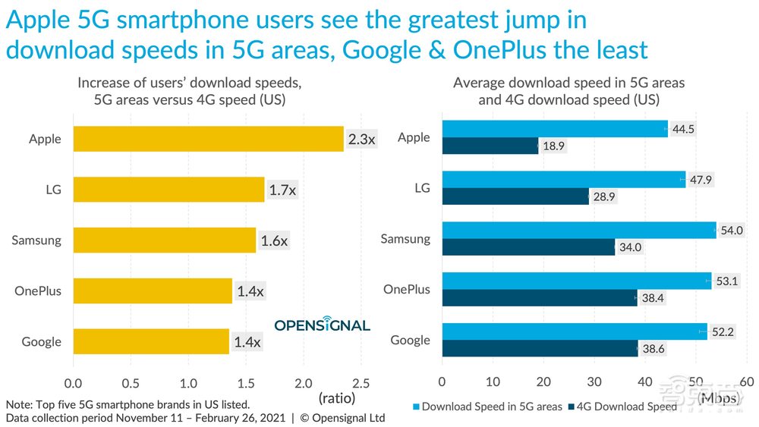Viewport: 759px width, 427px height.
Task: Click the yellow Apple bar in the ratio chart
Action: pyautogui.click(x=208, y=139)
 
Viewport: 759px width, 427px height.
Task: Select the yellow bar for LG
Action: pyautogui.click(x=168, y=190)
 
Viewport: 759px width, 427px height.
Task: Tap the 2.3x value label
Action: pyautogui.click(x=361, y=139)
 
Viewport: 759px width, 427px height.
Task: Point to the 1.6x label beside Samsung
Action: pyautogui.click(x=274, y=241)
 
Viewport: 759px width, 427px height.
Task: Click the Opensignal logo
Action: pyautogui.click(x=322, y=325)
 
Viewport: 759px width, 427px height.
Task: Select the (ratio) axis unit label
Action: pyautogui.click(x=336, y=397)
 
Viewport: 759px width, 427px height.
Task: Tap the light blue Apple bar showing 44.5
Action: pyautogui.click(x=554, y=129)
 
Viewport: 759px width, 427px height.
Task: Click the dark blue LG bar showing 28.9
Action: pyautogui.click(x=515, y=197)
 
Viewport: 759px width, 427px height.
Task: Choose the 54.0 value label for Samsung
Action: pyautogui.click(x=732, y=231)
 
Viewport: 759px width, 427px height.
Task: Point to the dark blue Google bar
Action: pyautogui.click(x=540, y=349)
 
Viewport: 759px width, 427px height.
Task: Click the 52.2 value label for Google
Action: pyautogui.click(x=723, y=331)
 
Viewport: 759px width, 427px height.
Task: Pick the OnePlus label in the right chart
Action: pyautogui.click(x=407, y=289)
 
